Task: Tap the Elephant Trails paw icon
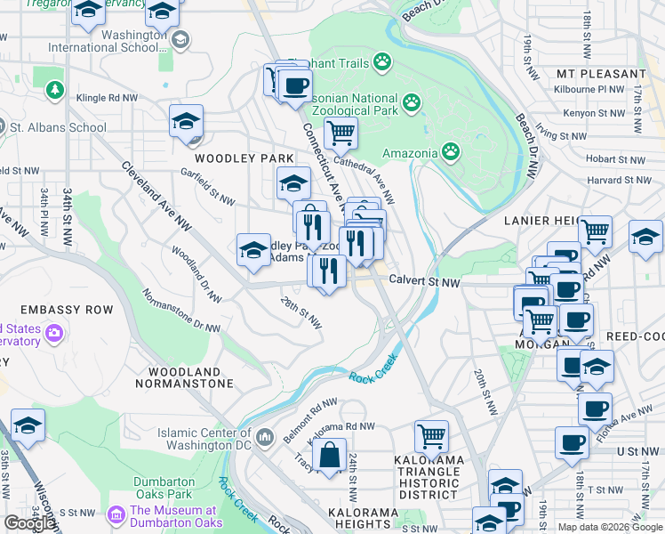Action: [x=382, y=61]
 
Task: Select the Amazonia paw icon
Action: [x=452, y=151]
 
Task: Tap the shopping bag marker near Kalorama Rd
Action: [x=329, y=456]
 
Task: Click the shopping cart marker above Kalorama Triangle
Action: [x=431, y=437]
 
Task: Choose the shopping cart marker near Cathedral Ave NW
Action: [x=341, y=133]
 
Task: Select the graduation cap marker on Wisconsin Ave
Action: [x=28, y=426]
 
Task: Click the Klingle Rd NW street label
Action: [x=108, y=97]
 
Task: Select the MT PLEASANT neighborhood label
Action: [x=601, y=74]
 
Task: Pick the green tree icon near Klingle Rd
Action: [x=55, y=90]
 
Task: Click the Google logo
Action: [x=28, y=523]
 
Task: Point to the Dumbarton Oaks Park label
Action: [x=164, y=488]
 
